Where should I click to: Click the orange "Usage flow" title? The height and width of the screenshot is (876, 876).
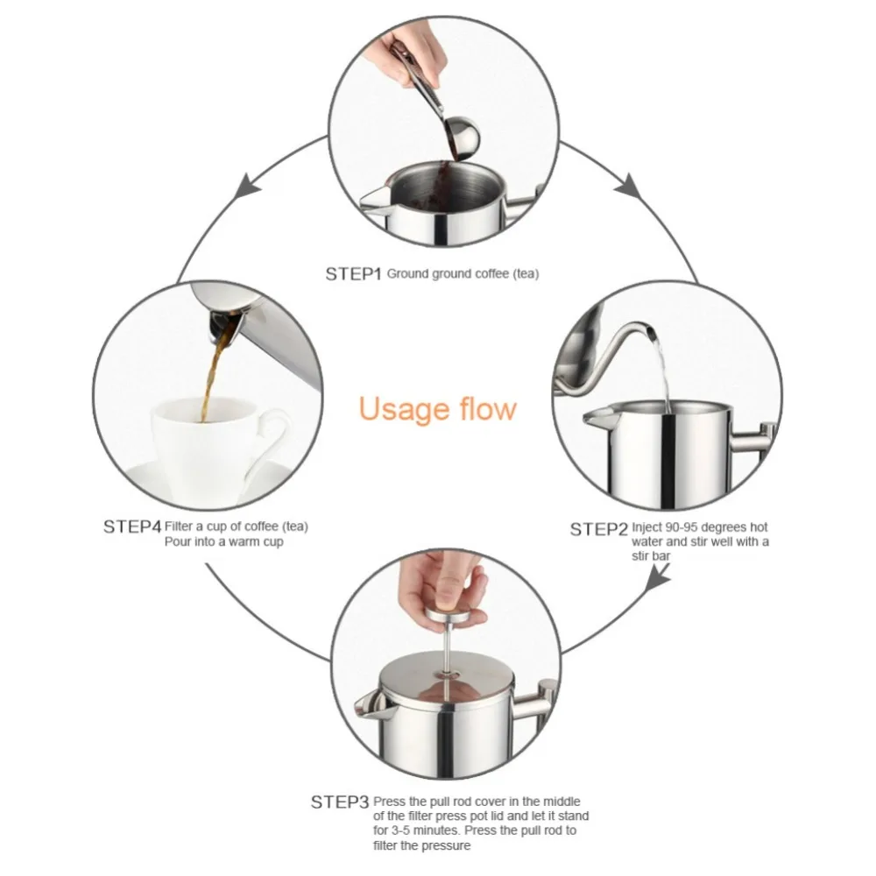pyautogui.click(x=437, y=408)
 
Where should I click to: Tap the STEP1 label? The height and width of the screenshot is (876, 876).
pyautogui.click(x=353, y=273)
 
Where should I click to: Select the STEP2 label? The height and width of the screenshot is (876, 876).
pyautogui.click(x=598, y=529)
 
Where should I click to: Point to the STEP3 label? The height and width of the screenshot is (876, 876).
pyautogui.click(x=340, y=802)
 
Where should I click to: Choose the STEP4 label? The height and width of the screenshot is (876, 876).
pyautogui.click(x=132, y=526)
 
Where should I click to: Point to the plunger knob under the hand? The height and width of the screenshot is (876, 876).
pyautogui.click(x=453, y=618)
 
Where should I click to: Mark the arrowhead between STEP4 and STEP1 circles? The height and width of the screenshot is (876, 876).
pyautogui.click(x=246, y=187)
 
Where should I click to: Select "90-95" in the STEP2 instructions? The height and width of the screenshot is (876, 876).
pyautogui.click(x=681, y=527)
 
